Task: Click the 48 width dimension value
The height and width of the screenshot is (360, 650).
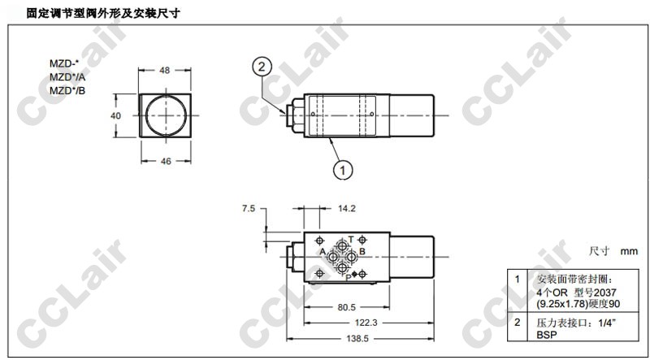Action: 165,71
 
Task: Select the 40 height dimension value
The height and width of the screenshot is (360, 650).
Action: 116,115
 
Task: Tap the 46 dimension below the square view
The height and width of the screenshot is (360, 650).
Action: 166,161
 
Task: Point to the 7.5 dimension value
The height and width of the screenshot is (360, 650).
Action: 249,208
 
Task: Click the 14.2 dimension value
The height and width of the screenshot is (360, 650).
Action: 347,208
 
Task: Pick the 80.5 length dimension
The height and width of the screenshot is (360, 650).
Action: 346,307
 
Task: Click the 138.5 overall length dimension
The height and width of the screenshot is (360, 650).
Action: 357,338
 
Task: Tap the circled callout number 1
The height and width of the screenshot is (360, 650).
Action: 343,170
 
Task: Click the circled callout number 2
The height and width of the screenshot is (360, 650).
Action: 262,67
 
